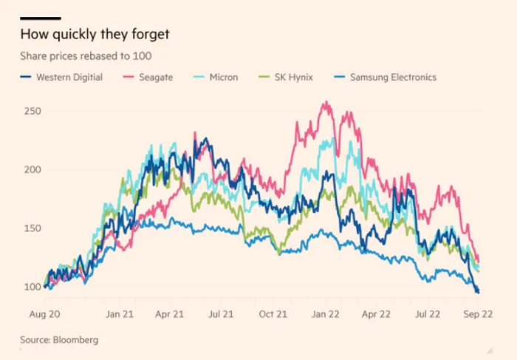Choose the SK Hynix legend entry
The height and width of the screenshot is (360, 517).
pyautogui.click(x=284, y=77)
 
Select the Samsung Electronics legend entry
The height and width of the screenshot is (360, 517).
pyautogui.click(x=387, y=77)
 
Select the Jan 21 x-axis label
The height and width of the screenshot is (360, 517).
pyautogui.click(x=120, y=314)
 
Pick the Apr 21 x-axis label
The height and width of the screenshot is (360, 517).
pyautogui.click(x=169, y=314)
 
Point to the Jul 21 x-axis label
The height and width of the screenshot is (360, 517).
pyautogui.click(x=220, y=314)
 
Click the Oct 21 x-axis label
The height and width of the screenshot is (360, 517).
pyautogui.click(x=273, y=314)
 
